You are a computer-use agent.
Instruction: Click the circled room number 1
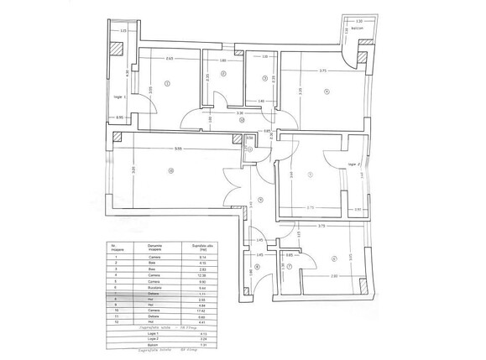(x=167, y=83)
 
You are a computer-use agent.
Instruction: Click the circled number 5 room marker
(x=310, y=175)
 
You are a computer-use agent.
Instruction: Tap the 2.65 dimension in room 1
(x=170, y=59)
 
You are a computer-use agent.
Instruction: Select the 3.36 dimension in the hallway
(x=239, y=112)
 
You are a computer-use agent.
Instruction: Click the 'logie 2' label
(x=353, y=164)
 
